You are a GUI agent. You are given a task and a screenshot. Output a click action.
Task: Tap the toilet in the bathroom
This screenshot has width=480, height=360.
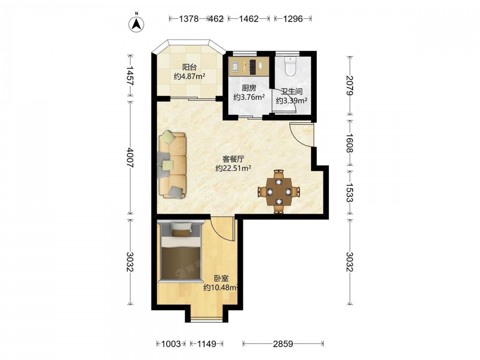(290, 66)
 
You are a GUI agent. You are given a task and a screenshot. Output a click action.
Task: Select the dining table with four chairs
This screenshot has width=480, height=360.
(278, 192)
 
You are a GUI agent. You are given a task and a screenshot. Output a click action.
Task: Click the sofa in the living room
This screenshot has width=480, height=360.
(172, 165)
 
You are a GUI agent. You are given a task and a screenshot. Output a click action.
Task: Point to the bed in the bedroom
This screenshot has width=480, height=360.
(180, 251)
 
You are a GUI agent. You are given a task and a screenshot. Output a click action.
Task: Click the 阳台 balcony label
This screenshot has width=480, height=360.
(189, 67)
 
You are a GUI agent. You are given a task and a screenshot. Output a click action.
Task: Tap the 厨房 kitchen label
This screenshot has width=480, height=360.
(249, 88)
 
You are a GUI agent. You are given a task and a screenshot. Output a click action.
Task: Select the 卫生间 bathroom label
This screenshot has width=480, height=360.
(291, 91)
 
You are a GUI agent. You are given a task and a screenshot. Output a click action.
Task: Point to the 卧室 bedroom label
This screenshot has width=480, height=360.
(221, 278)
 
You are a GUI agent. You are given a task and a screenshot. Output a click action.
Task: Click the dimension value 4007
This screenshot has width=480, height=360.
(130, 157)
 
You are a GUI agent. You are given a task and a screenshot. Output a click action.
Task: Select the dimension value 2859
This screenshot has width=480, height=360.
(283, 344)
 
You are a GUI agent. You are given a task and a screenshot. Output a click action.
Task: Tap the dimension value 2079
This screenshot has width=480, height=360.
(349, 86)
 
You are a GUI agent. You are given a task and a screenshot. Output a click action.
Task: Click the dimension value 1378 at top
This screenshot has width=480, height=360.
(189, 19)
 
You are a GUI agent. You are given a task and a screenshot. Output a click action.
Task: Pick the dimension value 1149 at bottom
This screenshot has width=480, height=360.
(206, 344)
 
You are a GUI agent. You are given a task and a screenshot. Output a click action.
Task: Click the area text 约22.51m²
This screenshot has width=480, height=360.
(233, 168)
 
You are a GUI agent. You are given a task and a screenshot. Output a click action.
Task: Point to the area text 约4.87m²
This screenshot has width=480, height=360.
(189, 76)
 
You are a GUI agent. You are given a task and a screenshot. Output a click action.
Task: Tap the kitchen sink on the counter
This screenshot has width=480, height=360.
(235, 66)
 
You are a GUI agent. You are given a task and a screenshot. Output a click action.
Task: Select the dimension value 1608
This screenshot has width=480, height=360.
(349, 143)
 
